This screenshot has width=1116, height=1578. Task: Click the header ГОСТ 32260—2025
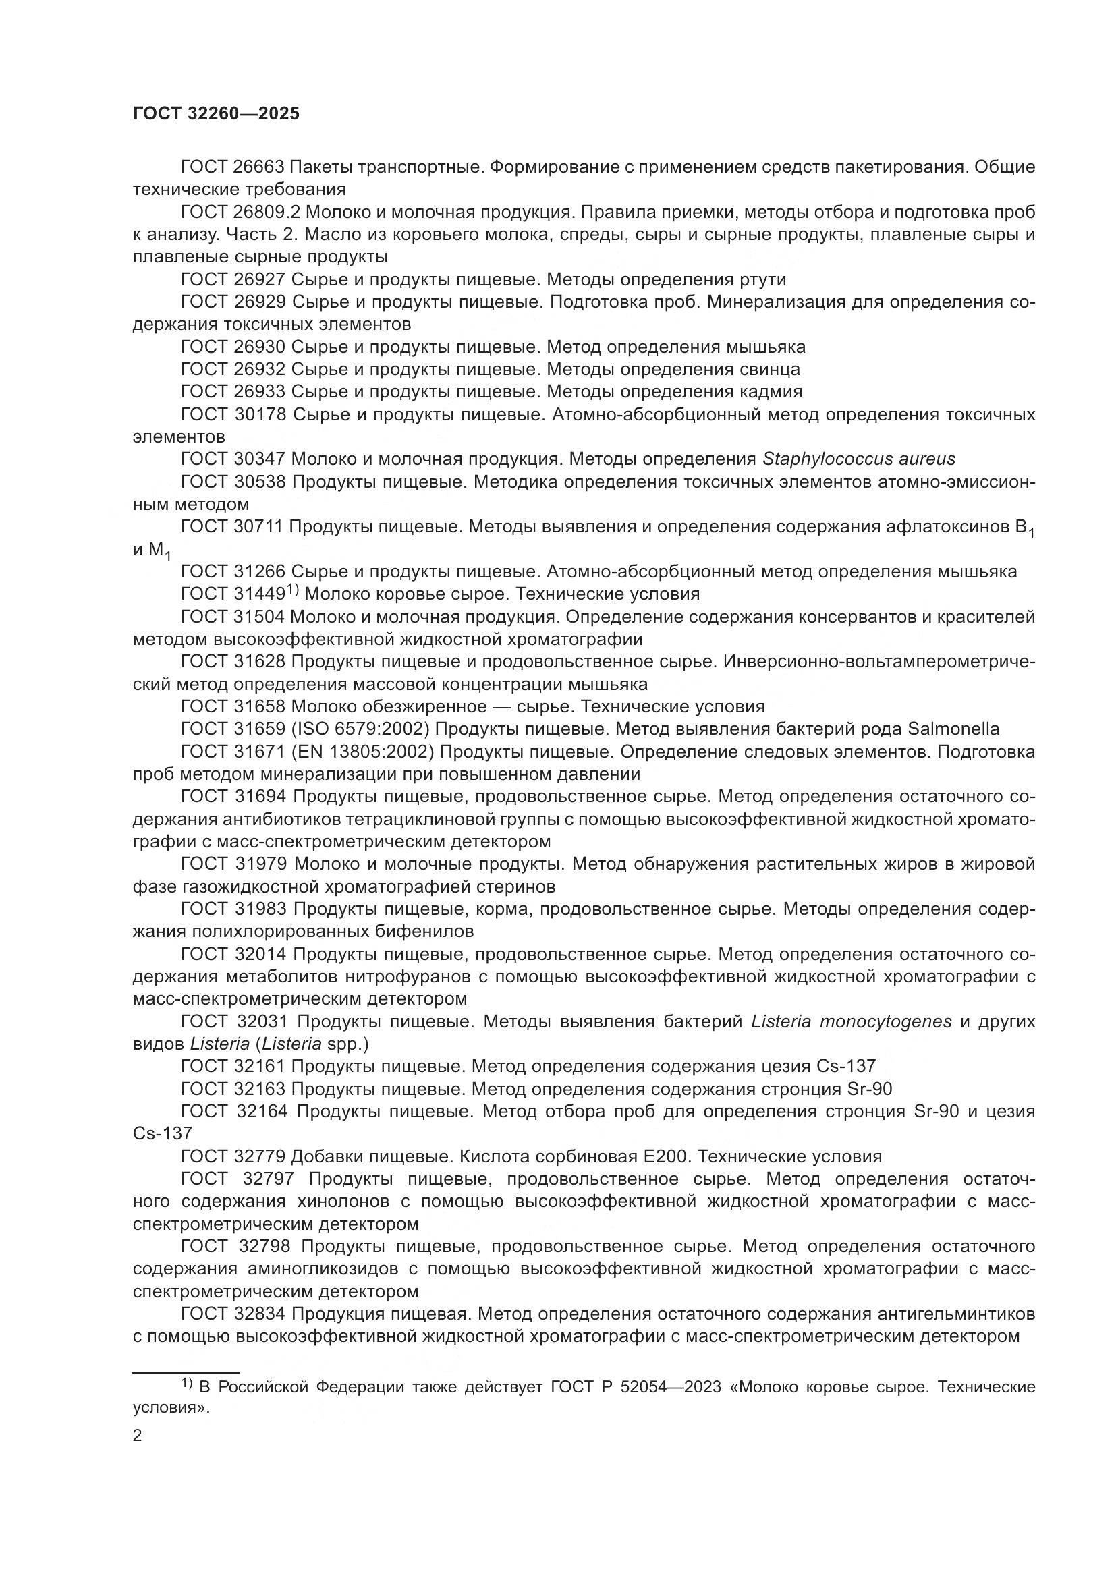(x=217, y=113)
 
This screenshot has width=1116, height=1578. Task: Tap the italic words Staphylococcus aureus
(x=858, y=459)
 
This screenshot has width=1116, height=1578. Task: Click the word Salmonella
(x=953, y=729)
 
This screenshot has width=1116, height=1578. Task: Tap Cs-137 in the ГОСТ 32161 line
(x=846, y=1066)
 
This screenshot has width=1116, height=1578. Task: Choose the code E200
(x=663, y=1156)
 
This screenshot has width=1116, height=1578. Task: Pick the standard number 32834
(x=259, y=1314)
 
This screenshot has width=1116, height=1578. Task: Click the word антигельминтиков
(x=957, y=1314)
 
